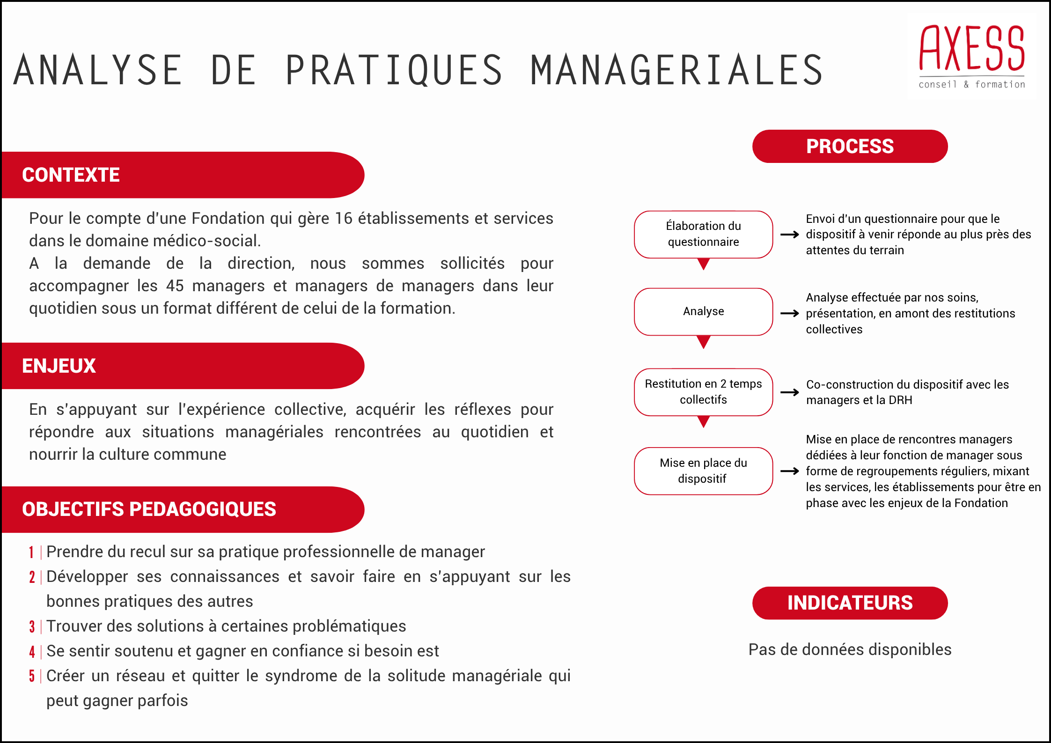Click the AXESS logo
971,56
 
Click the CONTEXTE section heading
71,175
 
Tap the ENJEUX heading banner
59,366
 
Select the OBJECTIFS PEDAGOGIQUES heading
149,509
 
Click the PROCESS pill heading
850,147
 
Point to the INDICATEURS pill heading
850,603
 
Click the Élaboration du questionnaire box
703,234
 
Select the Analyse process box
703,311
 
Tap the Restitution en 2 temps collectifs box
703,392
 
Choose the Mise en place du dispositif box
703,471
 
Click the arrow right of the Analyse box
790,313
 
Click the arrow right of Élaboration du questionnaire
790,235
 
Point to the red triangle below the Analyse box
703,342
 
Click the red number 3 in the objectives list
32,627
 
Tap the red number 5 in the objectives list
32,677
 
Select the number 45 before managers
175,286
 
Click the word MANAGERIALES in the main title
676,70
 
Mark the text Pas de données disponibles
850,650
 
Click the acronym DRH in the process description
901,400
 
